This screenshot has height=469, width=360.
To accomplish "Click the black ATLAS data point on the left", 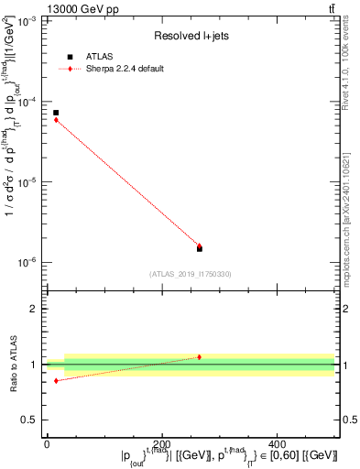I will [56, 113].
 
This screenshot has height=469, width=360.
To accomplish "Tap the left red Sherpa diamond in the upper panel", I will [56, 120].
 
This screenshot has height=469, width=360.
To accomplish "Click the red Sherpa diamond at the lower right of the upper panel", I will [200, 245].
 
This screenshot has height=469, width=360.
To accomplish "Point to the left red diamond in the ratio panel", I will [56, 380].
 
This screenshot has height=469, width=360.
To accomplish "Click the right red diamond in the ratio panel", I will [200, 356].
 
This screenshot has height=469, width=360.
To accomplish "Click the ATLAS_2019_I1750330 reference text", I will [191, 274].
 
